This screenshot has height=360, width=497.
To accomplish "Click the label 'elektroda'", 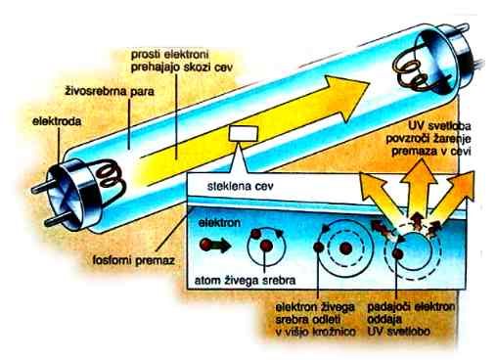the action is click(x=57, y=121).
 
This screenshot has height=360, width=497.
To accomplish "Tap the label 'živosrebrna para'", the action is click(x=110, y=91).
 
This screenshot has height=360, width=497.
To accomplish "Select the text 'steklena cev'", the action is click(x=241, y=187).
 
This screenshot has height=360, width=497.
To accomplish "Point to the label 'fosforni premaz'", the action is click(x=134, y=260).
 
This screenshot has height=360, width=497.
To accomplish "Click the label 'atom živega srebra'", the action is click(x=245, y=280).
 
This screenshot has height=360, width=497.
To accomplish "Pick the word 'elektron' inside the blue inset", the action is click(x=219, y=223).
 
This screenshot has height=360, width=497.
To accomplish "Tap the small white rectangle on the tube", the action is click(x=244, y=134).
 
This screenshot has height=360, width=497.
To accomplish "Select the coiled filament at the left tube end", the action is click(x=110, y=176).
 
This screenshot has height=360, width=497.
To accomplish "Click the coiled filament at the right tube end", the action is click(x=414, y=74).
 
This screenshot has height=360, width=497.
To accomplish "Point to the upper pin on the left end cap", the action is click(x=41, y=188).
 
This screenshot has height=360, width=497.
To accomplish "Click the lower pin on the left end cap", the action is click(x=56, y=221).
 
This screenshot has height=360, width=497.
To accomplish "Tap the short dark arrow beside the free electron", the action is click(x=221, y=246).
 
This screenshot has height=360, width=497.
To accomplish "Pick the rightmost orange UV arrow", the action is click(x=456, y=193).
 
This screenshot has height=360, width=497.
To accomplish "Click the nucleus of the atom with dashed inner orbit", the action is click(x=345, y=249).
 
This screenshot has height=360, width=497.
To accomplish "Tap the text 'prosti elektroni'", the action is click(x=169, y=55).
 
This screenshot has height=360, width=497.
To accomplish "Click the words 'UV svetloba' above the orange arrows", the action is click(x=439, y=126).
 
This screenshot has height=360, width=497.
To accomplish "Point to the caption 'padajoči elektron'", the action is click(x=411, y=307).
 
